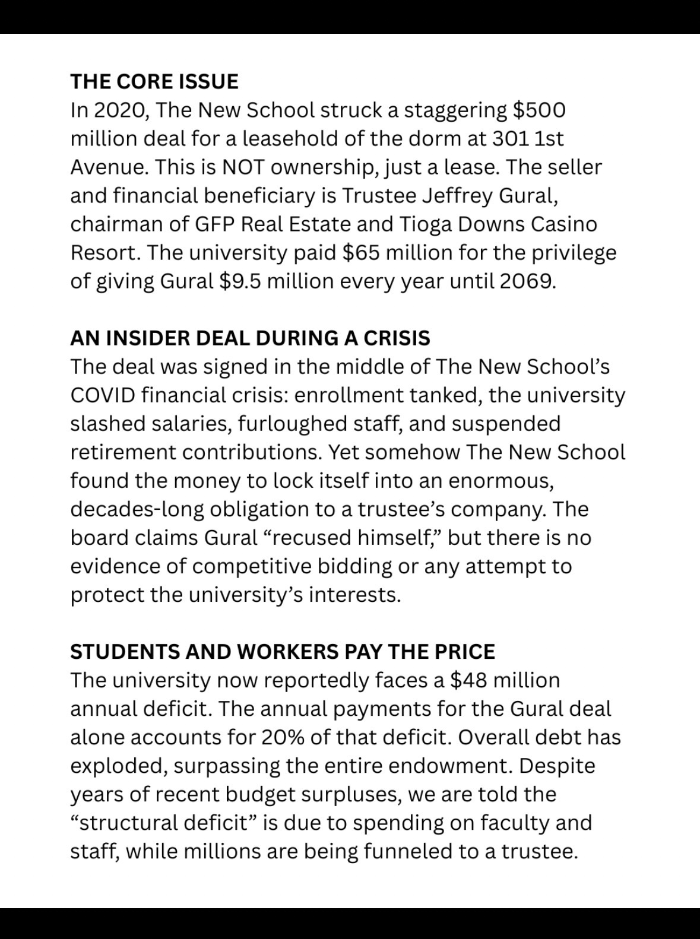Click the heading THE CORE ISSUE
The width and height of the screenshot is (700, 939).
pos(154,81)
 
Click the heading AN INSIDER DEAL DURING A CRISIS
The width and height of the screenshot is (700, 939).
pos(250,338)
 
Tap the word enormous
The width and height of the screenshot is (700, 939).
pos(501,480)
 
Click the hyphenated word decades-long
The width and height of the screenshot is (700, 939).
pos(137,509)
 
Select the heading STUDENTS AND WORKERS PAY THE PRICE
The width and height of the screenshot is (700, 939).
pos(282,651)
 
